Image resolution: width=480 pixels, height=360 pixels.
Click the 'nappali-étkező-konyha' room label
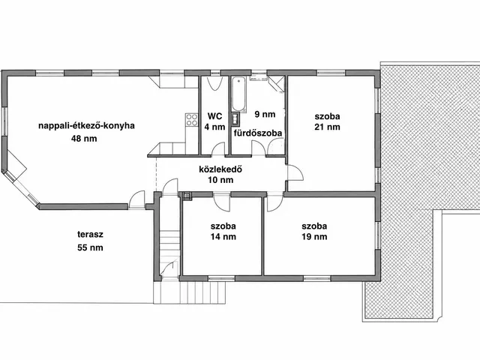tap(86, 126)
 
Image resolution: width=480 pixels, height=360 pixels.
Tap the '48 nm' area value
tap(84, 139)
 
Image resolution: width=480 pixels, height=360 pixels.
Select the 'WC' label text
tap(214, 116)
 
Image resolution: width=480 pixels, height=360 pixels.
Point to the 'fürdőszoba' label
tap(258, 133)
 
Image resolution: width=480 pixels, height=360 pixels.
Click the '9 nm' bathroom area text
tap(265, 115)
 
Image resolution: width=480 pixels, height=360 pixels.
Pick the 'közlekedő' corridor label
tap(220, 169)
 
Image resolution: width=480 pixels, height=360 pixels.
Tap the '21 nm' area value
tap(327, 127)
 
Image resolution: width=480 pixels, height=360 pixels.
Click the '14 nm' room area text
tap(223, 237)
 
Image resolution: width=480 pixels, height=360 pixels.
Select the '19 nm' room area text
tap(314, 237)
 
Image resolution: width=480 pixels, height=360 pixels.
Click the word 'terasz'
tap(90, 235)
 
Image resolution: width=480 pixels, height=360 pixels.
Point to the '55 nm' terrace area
tap(90, 247)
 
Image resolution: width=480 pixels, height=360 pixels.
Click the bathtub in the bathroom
tap(238, 94)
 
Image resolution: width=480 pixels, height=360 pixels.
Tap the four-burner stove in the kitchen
tap(192, 120)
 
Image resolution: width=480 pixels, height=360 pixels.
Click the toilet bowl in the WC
tap(214, 83)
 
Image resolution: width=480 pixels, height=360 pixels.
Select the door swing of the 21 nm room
tap(295, 173)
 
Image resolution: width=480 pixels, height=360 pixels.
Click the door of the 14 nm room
tap(222, 202)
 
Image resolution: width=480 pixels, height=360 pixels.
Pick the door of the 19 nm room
tap(275, 202)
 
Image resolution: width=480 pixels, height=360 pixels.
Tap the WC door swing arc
tap(218, 148)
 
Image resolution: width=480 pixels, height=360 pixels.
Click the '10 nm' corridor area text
tap(220, 180)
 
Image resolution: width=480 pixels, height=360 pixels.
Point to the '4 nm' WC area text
tap(214, 127)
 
